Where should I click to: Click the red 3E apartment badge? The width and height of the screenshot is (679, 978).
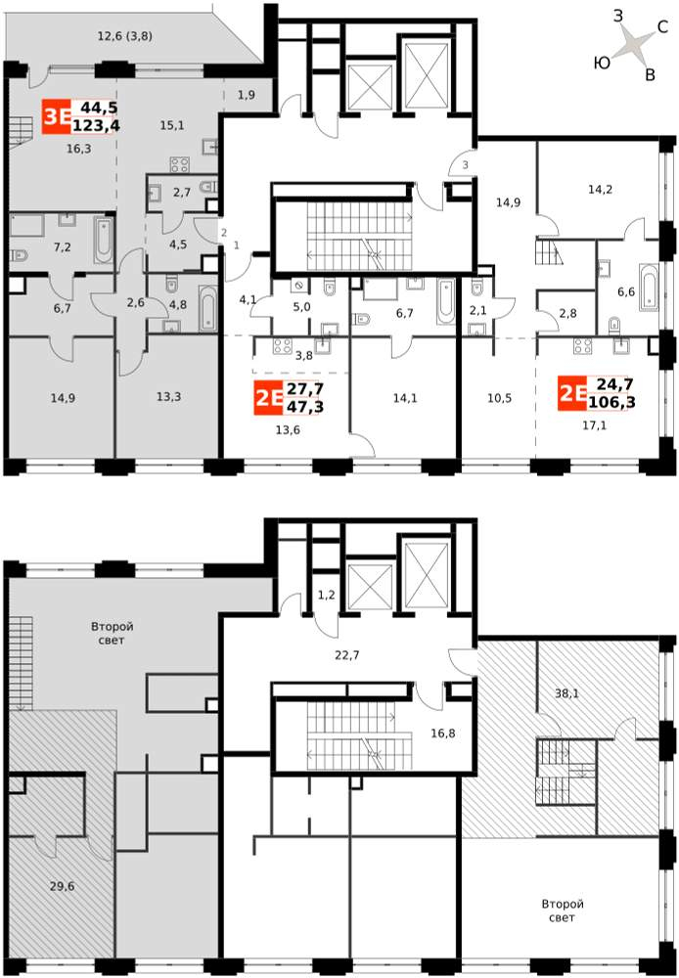(56, 116)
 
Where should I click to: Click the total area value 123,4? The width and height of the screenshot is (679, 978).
(96, 126)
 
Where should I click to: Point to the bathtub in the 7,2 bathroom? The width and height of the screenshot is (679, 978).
(105, 239)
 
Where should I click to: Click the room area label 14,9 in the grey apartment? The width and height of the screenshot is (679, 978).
(62, 397)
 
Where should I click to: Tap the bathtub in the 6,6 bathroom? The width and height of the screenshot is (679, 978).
(649, 288)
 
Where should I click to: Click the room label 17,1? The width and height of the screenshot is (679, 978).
(594, 426)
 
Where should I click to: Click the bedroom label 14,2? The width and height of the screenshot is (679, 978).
(582, 189)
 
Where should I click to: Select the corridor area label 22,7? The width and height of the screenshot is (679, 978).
(347, 655)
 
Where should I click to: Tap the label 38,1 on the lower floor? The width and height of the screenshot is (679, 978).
(566, 691)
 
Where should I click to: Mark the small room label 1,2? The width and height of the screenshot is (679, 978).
(327, 595)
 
